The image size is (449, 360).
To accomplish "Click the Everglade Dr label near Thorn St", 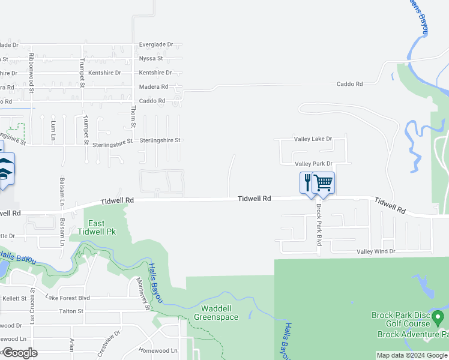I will [155, 44].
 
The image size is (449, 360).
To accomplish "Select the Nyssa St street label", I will [151, 58].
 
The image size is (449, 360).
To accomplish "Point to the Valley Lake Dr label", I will [313, 139].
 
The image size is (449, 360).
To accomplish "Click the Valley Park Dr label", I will [313, 164].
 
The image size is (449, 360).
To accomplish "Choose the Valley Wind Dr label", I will [376, 251].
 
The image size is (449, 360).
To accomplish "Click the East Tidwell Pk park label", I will [96, 227].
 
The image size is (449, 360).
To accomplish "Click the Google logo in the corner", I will [20, 353].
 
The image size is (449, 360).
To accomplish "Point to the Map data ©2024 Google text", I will [412, 356].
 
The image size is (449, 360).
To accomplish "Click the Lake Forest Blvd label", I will [67, 298].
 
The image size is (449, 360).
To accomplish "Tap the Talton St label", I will [71, 311].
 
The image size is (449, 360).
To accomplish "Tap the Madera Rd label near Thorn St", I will [153, 87].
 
